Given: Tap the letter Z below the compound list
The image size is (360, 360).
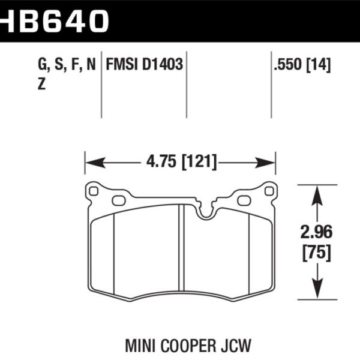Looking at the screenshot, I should pyautogui.click(x=41, y=85).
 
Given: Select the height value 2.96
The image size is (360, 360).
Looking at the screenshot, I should pyautogui.click(x=316, y=231).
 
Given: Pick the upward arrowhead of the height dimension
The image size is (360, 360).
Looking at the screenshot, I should pyautogui.click(x=316, y=191).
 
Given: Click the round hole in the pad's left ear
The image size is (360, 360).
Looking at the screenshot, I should pyautogui.click(x=93, y=192).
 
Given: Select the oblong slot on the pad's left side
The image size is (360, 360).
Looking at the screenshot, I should pyautogui.click(x=119, y=200).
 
